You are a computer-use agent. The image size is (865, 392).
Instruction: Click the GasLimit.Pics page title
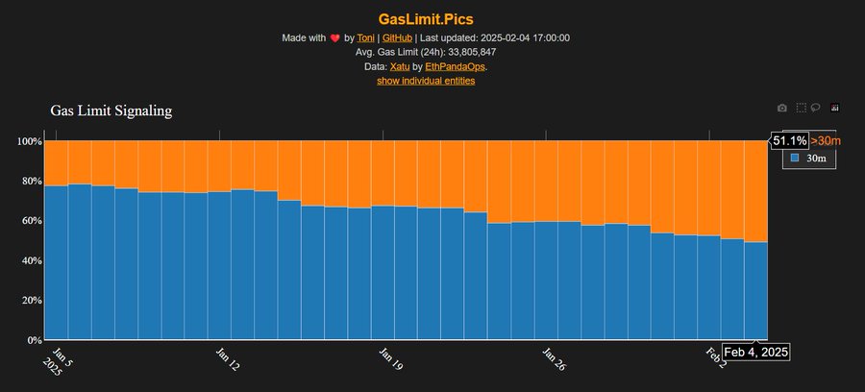[432, 17]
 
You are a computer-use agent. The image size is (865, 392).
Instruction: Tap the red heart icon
[334, 38]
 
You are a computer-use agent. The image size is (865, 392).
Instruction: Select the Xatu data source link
[400, 66]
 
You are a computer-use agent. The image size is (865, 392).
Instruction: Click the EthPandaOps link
[455, 66]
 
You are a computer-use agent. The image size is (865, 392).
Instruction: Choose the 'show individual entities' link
[425, 81]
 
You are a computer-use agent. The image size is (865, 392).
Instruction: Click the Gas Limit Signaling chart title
[111, 111]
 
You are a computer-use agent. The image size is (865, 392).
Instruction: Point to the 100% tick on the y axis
[29, 141]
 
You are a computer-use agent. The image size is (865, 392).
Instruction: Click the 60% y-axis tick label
[31, 221]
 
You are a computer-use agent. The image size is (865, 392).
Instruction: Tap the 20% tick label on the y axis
[31, 301]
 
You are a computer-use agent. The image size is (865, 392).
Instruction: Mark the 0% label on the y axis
[34, 340]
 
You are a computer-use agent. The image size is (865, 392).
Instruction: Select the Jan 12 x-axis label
[227, 360]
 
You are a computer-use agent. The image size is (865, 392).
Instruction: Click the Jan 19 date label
[390, 360]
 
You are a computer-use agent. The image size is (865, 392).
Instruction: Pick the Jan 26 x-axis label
[553, 360]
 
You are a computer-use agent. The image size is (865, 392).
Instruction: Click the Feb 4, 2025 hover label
[755, 353]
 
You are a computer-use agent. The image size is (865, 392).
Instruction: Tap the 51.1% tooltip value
[789, 141]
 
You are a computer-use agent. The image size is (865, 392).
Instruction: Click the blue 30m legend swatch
[794, 158]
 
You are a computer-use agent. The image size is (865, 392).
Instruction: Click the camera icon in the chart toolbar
[781, 108]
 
